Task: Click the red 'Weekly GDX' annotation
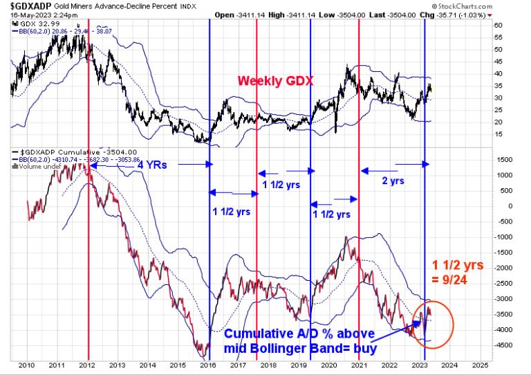275,81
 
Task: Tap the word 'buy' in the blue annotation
363,347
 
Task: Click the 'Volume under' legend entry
41,166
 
